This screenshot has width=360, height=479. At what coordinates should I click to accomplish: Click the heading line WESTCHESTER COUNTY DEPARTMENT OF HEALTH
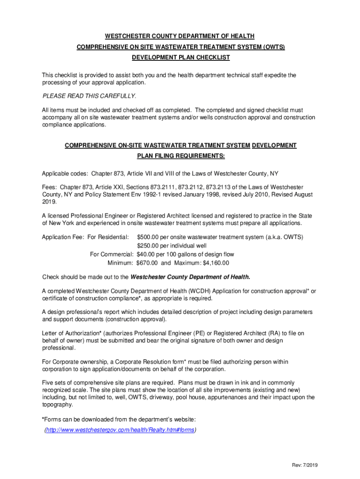pyautogui.click(x=180, y=36)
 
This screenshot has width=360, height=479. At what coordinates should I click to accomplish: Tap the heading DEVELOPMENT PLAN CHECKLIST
pyautogui.click(x=180, y=57)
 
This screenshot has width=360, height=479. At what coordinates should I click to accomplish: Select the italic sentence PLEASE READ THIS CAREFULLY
pyautogui.click(x=89, y=96)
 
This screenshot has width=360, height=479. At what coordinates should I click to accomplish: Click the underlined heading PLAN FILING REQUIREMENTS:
pyautogui.click(x=180, y=156)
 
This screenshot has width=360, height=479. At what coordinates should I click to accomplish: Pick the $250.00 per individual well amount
pyautogui.click(x=149, y=246)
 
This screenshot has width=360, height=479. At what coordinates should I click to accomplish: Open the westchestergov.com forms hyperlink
pyautogui.click(x=119, y=430)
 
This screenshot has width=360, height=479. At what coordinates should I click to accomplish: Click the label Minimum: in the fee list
pyautogui.click(x=121, y=263)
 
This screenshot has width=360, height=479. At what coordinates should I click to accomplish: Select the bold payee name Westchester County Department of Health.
pyautogui.click(x=190, y=276)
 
